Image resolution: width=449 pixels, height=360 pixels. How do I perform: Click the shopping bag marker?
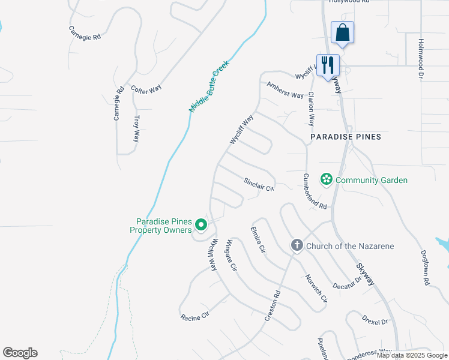coord(342,32)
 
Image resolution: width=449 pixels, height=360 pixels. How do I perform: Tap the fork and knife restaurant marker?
coord(328,65)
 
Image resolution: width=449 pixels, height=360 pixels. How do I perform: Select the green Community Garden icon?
coord(327,179)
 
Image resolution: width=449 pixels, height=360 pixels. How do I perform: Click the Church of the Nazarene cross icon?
coord(297,245)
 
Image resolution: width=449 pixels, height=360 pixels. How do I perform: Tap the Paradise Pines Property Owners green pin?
coord(201,225)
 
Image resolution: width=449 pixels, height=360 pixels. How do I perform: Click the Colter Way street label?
coord(146,88)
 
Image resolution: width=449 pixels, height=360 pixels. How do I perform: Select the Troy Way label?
coord(136,128)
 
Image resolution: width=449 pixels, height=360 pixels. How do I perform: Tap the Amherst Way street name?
coord(285,90)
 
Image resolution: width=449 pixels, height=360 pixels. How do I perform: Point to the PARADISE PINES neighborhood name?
coord(346,137)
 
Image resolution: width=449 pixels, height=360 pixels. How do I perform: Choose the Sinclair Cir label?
coord(259,184)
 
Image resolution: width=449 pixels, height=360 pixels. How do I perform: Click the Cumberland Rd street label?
coord(315,191)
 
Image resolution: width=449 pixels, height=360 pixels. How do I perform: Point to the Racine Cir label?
coord(194,314)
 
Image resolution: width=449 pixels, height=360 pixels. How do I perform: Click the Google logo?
coord(20,353)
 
